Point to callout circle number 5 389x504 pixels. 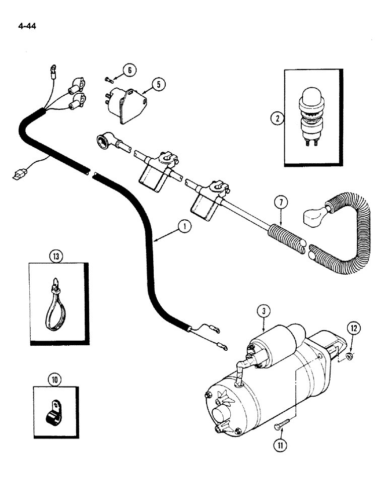click(158, 84)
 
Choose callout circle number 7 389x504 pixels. click(280, 204)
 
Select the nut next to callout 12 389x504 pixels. click(348, 357)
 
